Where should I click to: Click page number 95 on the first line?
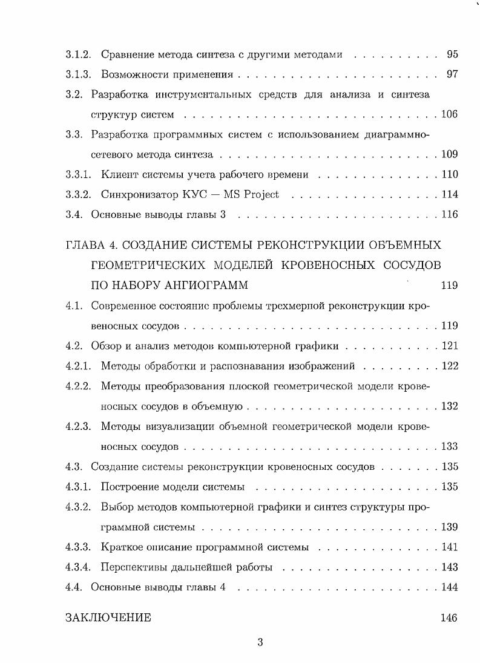[452, 54]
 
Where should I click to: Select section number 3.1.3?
[78, 74]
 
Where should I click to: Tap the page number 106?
[449, 114]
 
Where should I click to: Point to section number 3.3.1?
[78, 174]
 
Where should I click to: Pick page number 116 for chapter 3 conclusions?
[449, 214]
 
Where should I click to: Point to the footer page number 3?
[260, 643]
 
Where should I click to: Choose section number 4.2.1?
[78, 366]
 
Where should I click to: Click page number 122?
[449, 366]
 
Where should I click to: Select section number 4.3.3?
[78, 547]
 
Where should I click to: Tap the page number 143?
[449, 567]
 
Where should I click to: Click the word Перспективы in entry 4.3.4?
[131, 567]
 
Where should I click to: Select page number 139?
[449, 527]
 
